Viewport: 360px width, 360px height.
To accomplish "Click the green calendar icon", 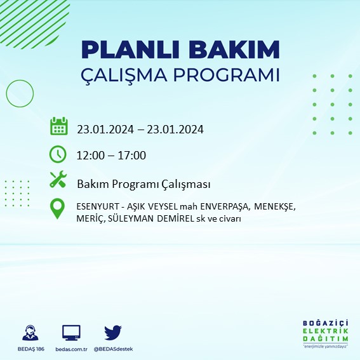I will (x=58, y=126).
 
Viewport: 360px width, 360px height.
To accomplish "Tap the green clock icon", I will (x=58, y=154).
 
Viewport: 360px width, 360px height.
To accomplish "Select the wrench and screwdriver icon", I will (x=58, y=180).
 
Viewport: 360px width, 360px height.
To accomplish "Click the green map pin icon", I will (x=58, y=209).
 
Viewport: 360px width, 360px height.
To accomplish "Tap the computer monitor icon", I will (x=71, y=333).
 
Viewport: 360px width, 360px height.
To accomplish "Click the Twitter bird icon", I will (x=113, y=332).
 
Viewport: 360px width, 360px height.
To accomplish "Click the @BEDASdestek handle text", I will (x=113, y=349).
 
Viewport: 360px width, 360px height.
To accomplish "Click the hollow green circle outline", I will (x=20, y=93).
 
